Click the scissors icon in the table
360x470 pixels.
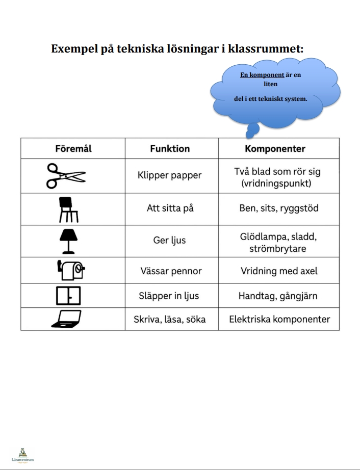[66, 176]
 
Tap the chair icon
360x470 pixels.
[68, 209]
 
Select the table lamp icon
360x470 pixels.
[68, 241]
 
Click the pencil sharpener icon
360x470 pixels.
[70, 271]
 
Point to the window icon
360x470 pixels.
[68, 296]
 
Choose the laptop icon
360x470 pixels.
[66, 319]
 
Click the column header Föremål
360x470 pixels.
[73, 149]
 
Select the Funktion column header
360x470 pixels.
[170, 149]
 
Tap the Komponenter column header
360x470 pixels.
[275, 149]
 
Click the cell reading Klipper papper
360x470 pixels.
[170, 175]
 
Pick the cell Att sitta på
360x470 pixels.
[170, 208]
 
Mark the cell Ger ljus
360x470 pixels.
[170, 241]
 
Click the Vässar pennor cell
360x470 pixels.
[170, 271]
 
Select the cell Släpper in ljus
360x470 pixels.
[170, 296]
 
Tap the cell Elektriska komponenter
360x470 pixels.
[279, 320]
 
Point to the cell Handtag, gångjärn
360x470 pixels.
[279, 296]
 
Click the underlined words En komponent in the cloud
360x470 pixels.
[262, 75]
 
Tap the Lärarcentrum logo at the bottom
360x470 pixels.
[22, 455]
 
